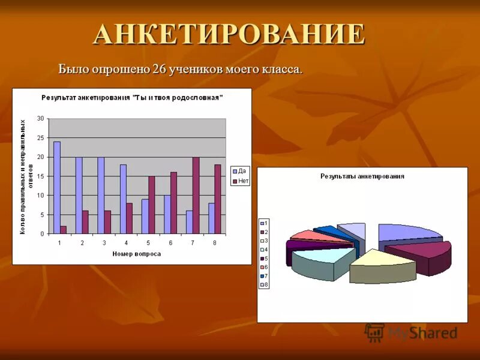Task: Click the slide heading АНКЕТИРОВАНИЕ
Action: (229, 34)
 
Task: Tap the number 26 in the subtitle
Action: (159, 69)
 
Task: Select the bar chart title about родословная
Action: (132, 97)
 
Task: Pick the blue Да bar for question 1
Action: (57, 187)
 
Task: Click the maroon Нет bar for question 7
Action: (196, 195)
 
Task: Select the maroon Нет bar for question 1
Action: (64, 230)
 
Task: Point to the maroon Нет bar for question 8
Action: (218, 199)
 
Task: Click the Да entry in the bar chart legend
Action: (240, 172)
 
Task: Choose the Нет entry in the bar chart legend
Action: (241, 181)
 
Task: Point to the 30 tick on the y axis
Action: (40, 118)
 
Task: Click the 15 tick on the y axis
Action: (40, 176)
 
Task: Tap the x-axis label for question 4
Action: (126, 243)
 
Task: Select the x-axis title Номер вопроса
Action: (136, 254)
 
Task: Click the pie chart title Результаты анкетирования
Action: (362, 176)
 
